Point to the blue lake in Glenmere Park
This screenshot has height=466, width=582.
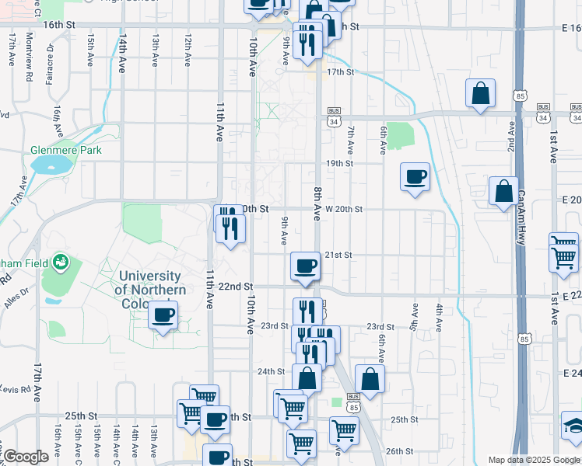pyautogui.click(x=55, y=165)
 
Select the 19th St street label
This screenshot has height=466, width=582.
pyautogui.click(x=339, y=164)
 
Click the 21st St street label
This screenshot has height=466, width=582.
pyautogui.click(x=338, y=255)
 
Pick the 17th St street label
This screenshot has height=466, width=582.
pyautogui.click(x=340, y=72)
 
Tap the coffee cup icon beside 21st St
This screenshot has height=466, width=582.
pyautogui.click(x=305, y=266)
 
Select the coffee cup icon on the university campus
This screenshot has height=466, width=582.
pyautogui.click(x=163, y=315)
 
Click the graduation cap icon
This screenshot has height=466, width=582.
pyautogui.click(x=575, y=426)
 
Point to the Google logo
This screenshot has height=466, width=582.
pyautogui.click(x=26, y=457)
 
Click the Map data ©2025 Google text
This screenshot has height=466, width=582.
pyautogui.click(x=534, y=460)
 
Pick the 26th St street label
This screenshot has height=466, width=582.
pyautogui.click(x=398, y=450)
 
